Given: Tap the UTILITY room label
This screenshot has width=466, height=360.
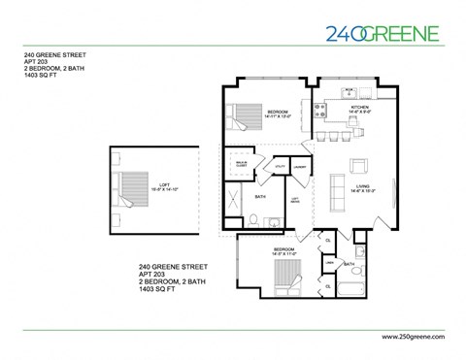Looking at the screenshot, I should coord(280,166).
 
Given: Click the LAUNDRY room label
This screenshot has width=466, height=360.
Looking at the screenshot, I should coord(301,166).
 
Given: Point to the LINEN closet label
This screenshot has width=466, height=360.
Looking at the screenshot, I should coord(329,262).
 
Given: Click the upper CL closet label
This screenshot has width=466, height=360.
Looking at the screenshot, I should coord(329,240).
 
